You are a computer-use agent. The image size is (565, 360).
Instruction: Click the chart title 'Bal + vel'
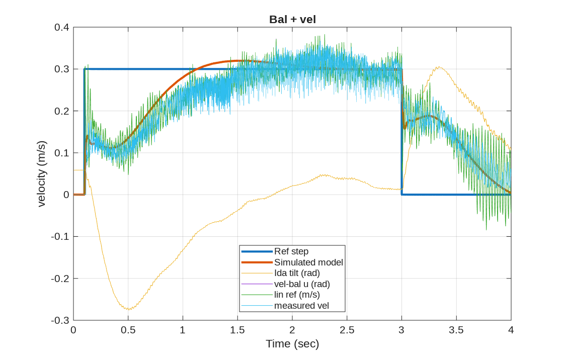coord(292,20)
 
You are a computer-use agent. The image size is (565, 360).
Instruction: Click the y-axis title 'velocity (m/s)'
coord(42,174)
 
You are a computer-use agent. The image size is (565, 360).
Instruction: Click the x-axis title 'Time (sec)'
coord(292,344)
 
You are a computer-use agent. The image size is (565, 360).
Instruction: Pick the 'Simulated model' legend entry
coord(308,262)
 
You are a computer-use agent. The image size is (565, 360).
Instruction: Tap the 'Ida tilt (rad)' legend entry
coord(297,273)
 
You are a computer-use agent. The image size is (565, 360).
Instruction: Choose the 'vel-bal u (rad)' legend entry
coord(302,284)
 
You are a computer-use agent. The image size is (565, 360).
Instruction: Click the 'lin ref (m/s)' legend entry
coord(297,295)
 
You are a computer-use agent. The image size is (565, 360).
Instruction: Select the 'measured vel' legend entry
coord(301,305)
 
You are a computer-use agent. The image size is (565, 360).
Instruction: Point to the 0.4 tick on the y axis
coord(62,27)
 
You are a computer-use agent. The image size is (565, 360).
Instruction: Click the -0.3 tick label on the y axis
coord(60,320)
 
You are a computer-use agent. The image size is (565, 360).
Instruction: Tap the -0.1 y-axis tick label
coord(60,236)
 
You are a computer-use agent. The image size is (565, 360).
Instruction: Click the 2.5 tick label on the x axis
coord(347,330)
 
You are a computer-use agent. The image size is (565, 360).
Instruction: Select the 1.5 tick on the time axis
coord(237,330)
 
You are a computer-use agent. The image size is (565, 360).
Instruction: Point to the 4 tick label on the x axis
coord(511,330)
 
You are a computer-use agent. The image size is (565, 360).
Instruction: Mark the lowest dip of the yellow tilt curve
coord(128,309)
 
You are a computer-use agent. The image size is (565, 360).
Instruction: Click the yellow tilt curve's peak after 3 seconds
coord(439,67)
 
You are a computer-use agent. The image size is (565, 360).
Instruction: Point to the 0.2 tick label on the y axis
coord(62,111)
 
